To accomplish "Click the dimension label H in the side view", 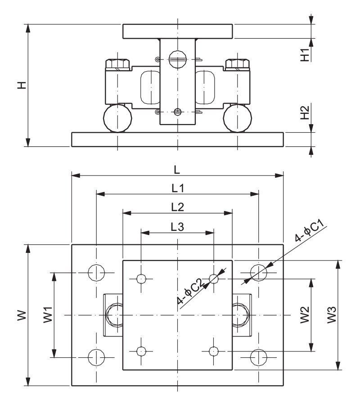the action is [22, 85].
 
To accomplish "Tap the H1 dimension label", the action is [305, 55].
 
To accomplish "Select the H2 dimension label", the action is [305, 112].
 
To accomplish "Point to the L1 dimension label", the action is [178, 188].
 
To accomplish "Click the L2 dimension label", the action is [178, 207].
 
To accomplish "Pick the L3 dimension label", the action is [177, 226].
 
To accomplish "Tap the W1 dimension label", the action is [48, 315].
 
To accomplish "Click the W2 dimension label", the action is [305, 315].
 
